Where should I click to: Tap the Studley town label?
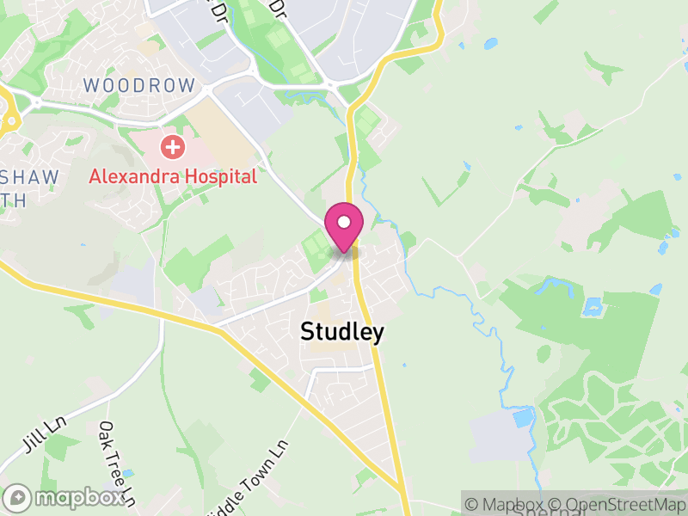point(341,332)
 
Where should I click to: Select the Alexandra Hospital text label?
point(173,177)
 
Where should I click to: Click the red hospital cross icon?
point(173,147)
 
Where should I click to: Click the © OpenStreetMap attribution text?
point(617,505)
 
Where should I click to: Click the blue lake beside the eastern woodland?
point(592,305)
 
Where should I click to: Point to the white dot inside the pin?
point(344,223)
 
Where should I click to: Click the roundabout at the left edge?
point(7,112)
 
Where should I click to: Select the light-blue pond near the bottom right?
point(522,418)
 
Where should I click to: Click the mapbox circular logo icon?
point(17,497)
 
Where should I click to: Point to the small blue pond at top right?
point(491,43)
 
